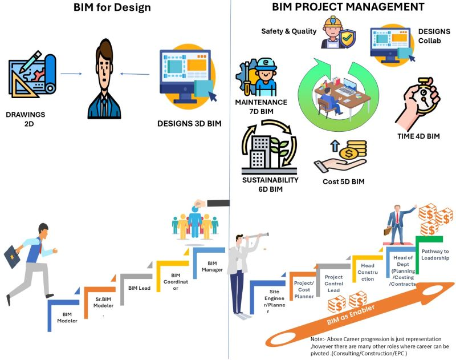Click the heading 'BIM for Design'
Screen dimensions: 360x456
112,7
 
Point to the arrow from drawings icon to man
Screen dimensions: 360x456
71,73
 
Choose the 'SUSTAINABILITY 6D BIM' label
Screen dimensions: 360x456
271,184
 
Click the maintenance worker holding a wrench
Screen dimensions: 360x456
263,77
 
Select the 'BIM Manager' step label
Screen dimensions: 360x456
212,266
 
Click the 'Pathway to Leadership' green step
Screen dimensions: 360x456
435,255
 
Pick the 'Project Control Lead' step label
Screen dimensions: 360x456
333,284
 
